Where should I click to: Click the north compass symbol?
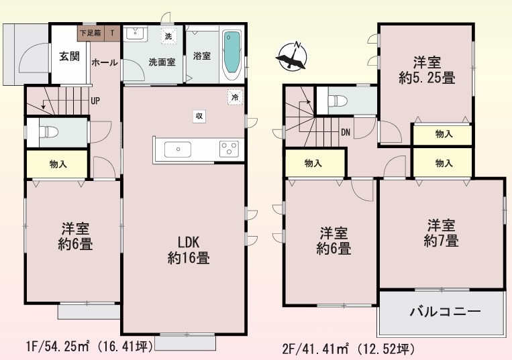pyautogui.click(x=292, y=56)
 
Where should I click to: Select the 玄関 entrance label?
pyautogui.click(x=69, y=56)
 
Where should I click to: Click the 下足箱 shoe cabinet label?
pyautogui.click(x=91, y=33)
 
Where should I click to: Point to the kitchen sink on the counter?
pyautogui.click(x=178, y=149)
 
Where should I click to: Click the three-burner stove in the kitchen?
pyautogui.click(x=229, y=149)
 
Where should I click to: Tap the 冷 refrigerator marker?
pyautogui.click(x=235, y=97)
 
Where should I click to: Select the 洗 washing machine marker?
pyautogui.click(x=168, y=36)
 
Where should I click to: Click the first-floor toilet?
pyautogui.click(x=48, y=132)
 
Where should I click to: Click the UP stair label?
pyautogui.click(x=95, y=101)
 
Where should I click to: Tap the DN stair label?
pyautogui.click(x=346, y=132)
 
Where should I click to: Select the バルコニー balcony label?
pyautogui.click(x=445, y=312)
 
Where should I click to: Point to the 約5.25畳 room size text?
pyautogui.click(x=427, y=78)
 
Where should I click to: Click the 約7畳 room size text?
pyautogui.click(x=441, y=241)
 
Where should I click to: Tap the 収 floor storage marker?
pyautogui.click(x=199, y=116)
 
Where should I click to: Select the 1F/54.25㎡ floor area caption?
pyautogui.click(x=89, y=347)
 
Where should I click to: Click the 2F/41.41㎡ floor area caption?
pyautogui.click(x=349, y=349)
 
